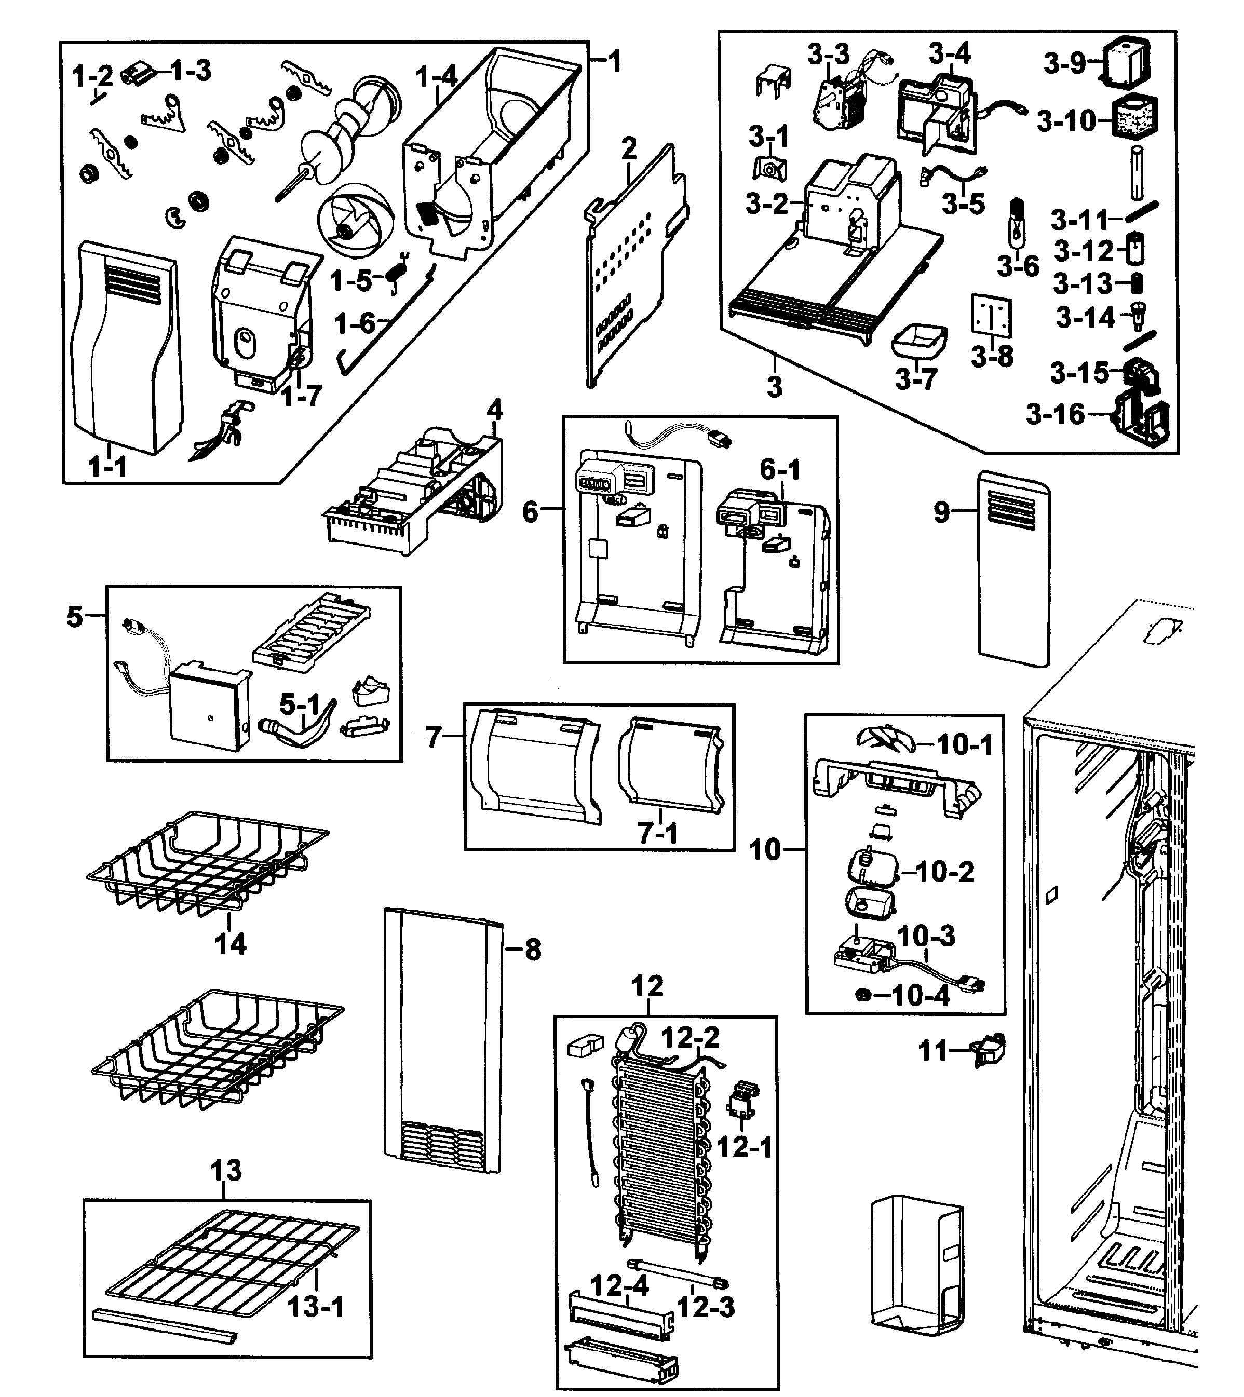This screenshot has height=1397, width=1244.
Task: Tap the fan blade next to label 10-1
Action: tap(885, 738)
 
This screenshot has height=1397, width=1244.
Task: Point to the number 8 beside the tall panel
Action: tap(533, 950)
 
